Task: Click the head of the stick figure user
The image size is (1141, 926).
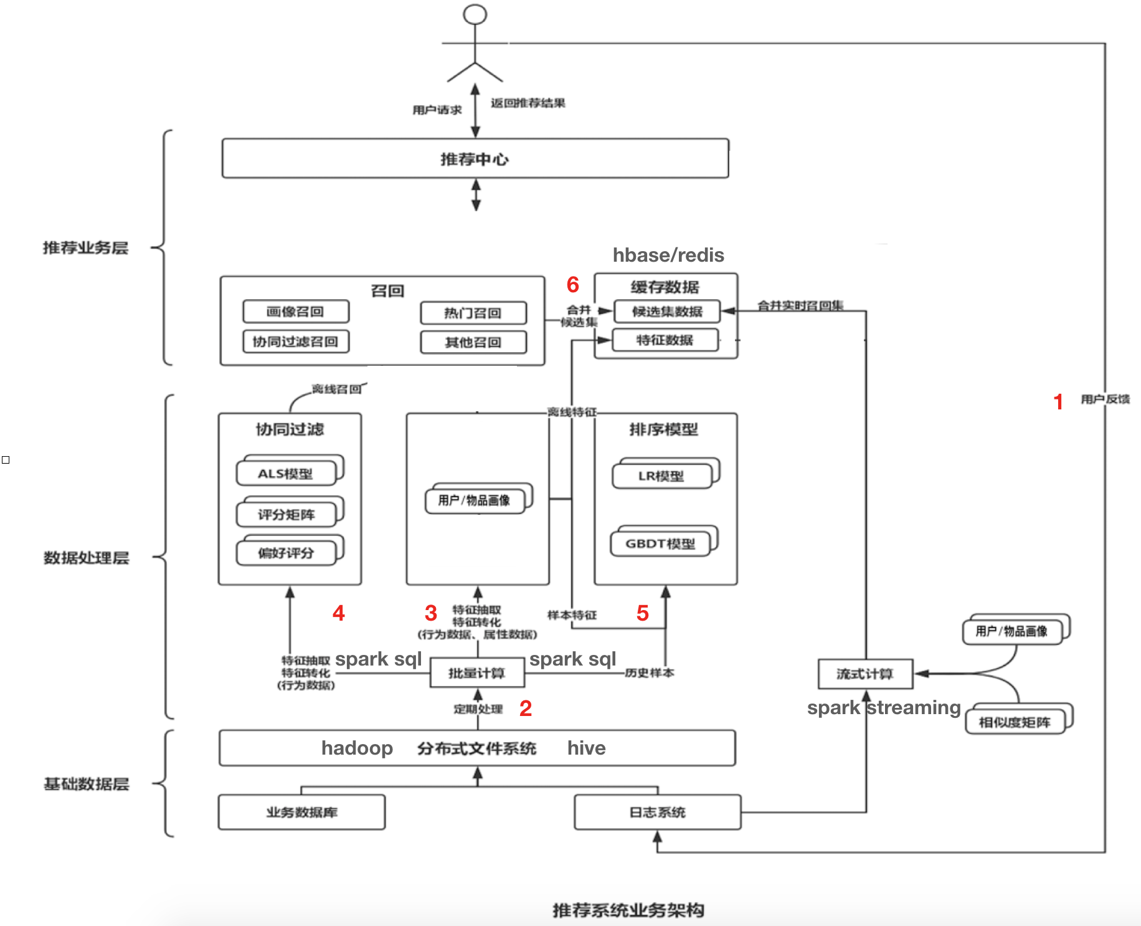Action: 475,14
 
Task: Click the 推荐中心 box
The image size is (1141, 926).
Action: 475,159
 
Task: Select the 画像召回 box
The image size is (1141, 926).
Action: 296,312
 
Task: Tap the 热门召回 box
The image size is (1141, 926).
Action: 473,313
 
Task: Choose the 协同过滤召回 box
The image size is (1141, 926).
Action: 296,341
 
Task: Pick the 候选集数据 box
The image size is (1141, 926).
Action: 667,312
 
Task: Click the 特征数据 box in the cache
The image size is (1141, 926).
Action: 665,340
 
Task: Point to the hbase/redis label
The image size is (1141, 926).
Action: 668,255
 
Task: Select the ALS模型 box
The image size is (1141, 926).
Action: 286,474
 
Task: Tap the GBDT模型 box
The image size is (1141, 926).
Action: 661,543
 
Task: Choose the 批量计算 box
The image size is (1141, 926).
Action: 477,673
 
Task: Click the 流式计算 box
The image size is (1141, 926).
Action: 865,674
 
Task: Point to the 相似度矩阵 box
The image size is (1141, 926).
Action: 1015,722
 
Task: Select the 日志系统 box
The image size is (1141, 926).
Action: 658,812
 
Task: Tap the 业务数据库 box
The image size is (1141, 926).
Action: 302,812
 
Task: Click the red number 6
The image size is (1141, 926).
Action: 573,285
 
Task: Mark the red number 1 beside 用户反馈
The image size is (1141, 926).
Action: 1058,402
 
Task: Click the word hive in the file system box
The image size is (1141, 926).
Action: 586,748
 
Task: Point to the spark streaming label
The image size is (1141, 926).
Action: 884,708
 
